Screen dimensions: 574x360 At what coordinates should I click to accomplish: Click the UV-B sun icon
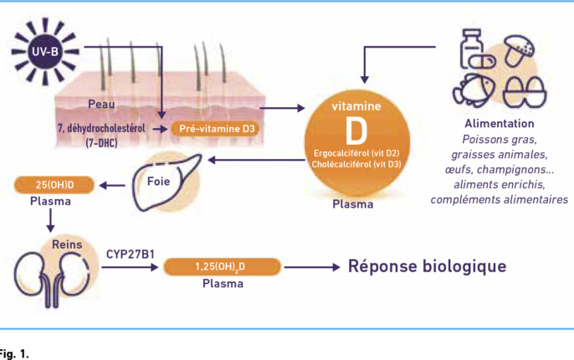[x=45, y=51]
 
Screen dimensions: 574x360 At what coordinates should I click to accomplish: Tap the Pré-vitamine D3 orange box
[x=217, y=129]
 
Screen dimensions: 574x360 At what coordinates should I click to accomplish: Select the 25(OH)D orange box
[x=54, y=185]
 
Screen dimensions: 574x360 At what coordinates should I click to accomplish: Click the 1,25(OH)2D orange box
[x=222, y=266]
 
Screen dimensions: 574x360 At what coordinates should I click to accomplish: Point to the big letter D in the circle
[x=356, y=131]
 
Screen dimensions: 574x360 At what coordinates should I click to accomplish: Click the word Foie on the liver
[x=158, y=182]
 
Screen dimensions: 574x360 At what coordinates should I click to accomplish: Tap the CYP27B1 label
[x=131, y=255]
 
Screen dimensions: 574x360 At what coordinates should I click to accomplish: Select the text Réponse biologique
[x=427, y=266]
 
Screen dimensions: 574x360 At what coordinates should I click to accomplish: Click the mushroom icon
[x=519, y=50]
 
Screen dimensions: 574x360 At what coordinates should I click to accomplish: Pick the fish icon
[x=474, y=90]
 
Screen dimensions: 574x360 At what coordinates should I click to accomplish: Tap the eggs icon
[x=524, y=91]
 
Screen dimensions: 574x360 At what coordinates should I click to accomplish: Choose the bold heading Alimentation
[x=500, y=123]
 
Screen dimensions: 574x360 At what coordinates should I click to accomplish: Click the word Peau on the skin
[x=101, y=104]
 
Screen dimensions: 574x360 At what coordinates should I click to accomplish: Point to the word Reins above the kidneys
[x=67, y=244]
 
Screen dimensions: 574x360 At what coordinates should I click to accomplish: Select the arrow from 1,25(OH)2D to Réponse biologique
[x=312, y=267]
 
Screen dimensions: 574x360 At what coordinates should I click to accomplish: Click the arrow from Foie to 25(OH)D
[x=112, y=186]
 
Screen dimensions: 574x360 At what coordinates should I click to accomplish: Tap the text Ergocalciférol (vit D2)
[x=356, y=153]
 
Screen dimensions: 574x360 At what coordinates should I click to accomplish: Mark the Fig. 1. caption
[x=14, y=354]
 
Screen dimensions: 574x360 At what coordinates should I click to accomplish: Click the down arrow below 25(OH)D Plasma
[x=50, y=220]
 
